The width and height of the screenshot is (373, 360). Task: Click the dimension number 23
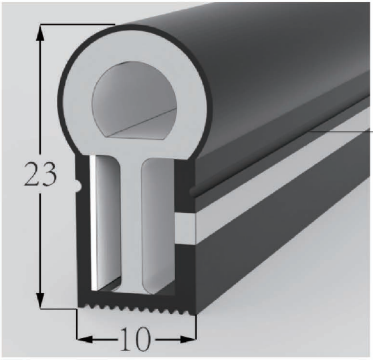tap(41, 175)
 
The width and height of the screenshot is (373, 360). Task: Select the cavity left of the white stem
tap(107, 220)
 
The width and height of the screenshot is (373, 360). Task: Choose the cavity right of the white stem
tap(162, 220)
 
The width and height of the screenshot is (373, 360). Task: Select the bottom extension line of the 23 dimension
tap(57, 309)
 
